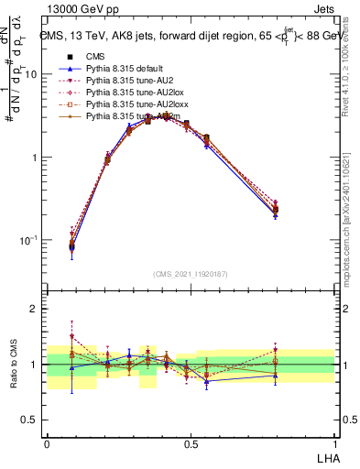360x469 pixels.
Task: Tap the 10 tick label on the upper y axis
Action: pos(30,74)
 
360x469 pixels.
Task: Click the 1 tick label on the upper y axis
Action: pos(35,158)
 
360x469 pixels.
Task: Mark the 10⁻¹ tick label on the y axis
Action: pos(27,240)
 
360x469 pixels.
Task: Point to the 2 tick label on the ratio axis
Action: pos(35,309)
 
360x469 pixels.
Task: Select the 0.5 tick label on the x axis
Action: pos(191,442)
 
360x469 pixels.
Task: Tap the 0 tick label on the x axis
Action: pos(47,442)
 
